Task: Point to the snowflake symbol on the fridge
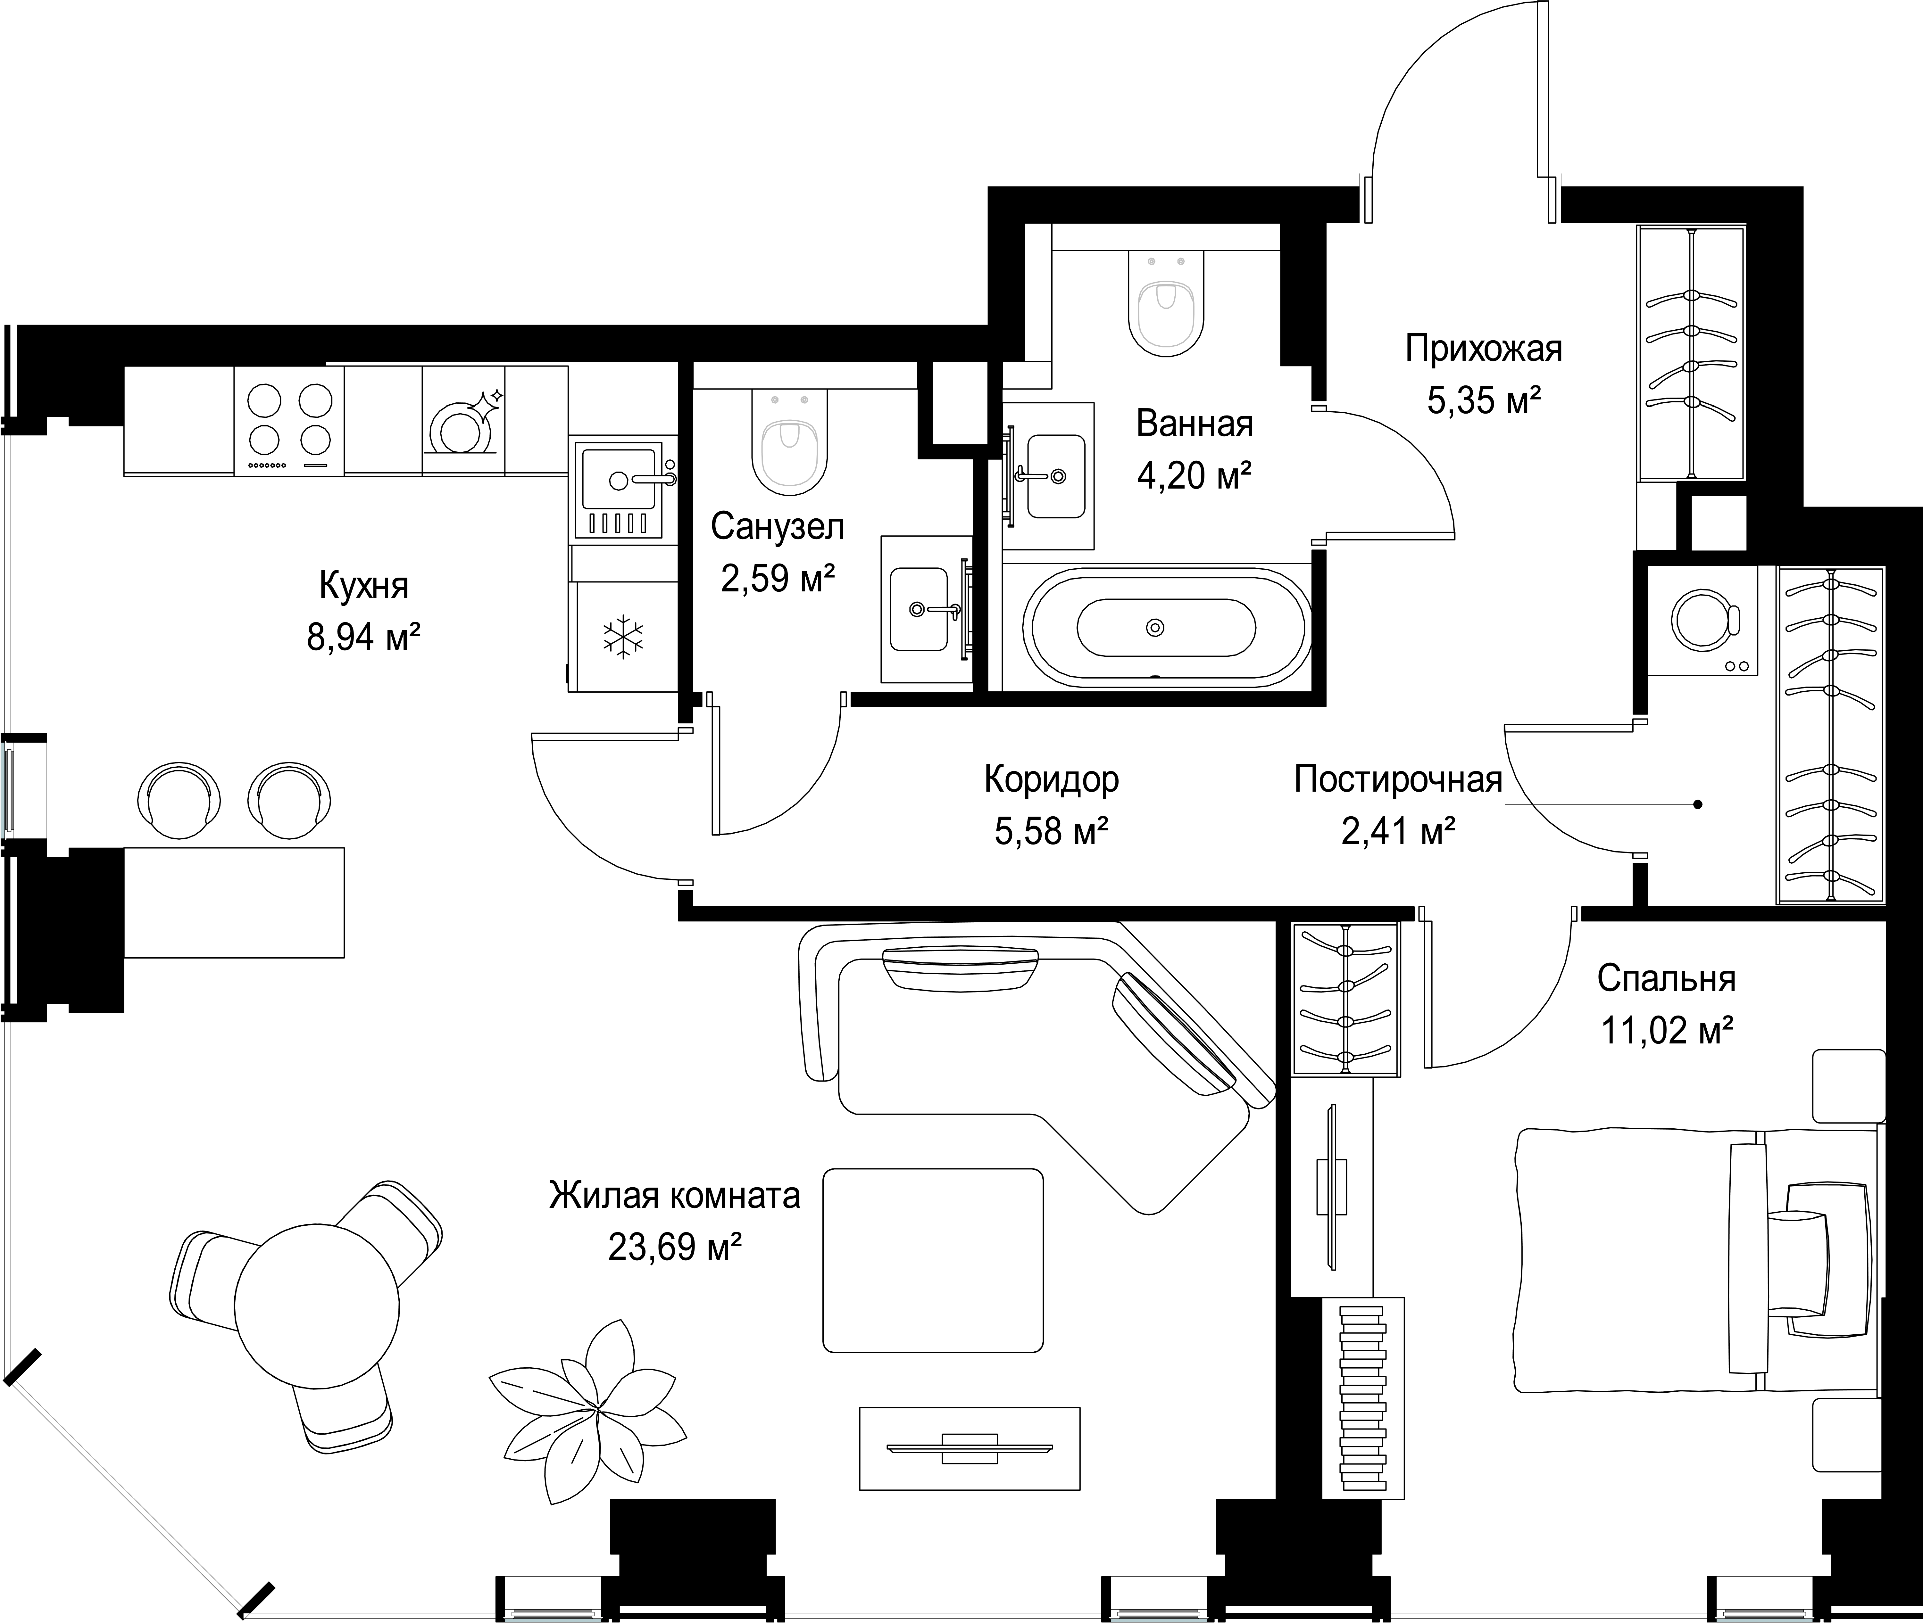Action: pyautogui.click(x=623, y=637)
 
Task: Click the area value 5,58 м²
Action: pyautogui.click(x=1051, y=832)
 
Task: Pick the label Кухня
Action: pyautogui.click(x=364, y=585)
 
